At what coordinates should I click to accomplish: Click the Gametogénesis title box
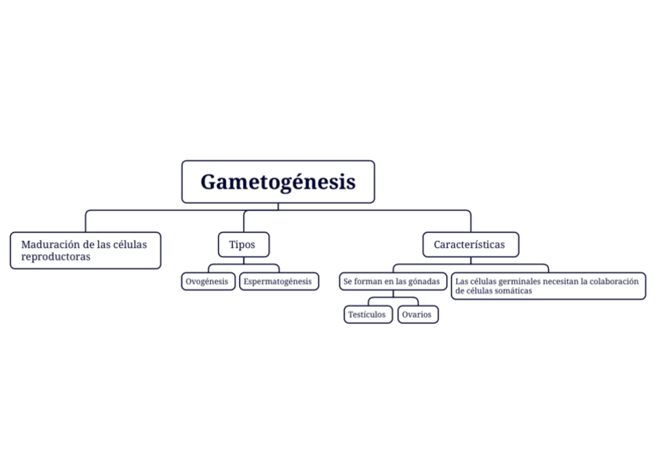[x=278, y=182]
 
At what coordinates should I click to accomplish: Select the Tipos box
[x=242, y=245]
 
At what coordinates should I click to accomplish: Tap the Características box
[x=470, y=245]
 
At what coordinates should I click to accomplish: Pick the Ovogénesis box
[x=208, y=281]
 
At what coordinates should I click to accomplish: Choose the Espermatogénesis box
[x=278, y=281]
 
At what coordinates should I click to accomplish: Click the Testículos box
[x=367, y=315]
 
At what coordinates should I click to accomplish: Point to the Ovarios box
[x=417, y=315]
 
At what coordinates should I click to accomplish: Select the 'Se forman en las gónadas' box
[x=392, y=281]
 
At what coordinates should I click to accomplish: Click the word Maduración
[x=47, y=245]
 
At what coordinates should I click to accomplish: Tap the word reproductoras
[x=56, y=257]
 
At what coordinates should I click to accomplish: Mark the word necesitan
[x=558, y=281]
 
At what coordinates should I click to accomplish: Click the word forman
[x=369, y=281]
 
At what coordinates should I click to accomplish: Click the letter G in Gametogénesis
[x=209, y=182]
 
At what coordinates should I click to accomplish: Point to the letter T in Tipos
[x=231, y=245]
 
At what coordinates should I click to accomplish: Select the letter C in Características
[x=438, y=245]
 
